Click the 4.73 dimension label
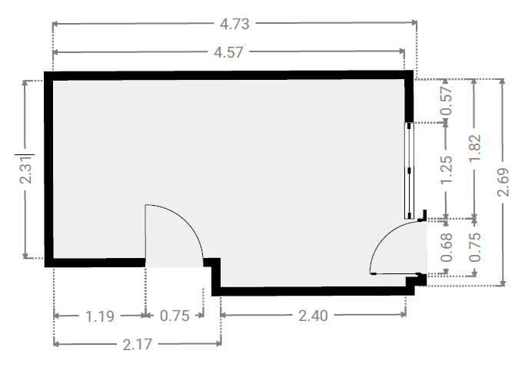click(234, 24)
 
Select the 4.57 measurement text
click(228, 52)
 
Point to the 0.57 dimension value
click(447, 101)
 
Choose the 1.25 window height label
click(447, 170)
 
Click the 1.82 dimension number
click(475, 148)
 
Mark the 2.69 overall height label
click(503, 182)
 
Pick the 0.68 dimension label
click(447, 247)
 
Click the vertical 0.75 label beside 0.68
click(475, 247)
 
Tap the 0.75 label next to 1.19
click(174, 316)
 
